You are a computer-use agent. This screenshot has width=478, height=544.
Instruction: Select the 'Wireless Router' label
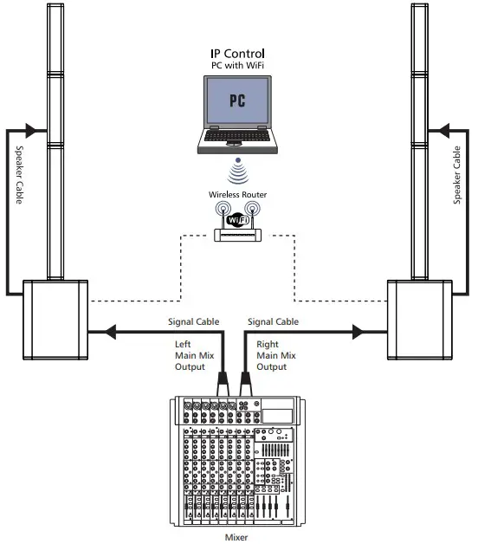(236, 195)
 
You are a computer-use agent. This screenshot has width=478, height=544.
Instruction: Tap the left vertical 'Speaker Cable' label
(21, 174)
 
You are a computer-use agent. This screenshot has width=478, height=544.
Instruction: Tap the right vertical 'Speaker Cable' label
(457, 174)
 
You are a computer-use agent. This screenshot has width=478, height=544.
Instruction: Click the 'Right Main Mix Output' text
(275, 355)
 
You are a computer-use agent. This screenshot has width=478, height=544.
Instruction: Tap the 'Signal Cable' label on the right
(274, 322)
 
